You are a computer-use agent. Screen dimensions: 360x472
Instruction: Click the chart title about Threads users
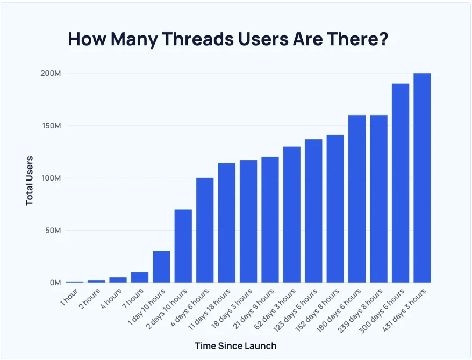[x=228, y=39]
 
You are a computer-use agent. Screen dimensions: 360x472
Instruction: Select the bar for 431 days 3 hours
[x=422, y=177]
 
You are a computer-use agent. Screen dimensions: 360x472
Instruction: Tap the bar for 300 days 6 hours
[x=401, y=183]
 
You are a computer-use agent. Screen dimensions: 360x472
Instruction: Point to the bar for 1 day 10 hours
[x=161, y=267]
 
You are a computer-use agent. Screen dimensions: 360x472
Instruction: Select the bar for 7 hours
[x=140, y=277]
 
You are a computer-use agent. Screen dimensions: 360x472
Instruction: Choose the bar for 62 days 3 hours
[x=292, y=214]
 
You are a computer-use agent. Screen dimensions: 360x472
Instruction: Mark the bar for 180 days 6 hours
[x=357, y=199]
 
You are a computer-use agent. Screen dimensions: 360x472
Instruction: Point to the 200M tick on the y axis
[x=50, y=73]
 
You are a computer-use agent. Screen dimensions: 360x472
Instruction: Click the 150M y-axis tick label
[x=50, y=126]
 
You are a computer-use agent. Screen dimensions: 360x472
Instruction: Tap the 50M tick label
[x=52, y=231]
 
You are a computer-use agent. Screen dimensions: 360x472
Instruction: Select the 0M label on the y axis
[x=54, y=283]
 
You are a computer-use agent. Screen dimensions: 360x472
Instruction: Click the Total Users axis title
[x=30, y=180]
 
